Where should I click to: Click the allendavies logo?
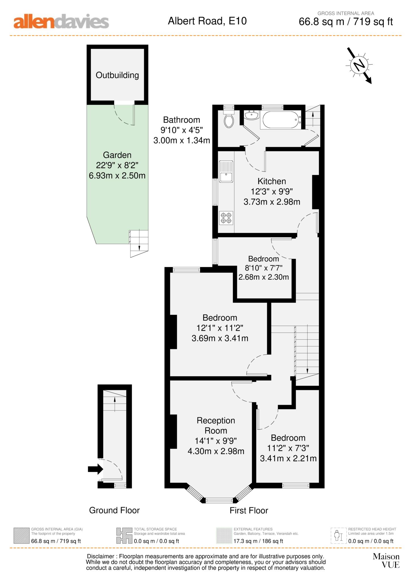61,22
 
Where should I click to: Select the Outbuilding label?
117,75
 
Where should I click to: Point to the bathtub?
281,120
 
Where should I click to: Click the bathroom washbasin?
251,115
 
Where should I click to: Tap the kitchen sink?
226,172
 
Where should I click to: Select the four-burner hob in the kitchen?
226,218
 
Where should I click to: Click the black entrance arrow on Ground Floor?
95,469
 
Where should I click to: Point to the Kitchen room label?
272,181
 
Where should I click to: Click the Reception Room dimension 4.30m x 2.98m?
216,451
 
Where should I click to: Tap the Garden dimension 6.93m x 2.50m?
117,175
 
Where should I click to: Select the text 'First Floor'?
249,511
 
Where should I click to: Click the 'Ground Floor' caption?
114,510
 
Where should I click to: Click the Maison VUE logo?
386,561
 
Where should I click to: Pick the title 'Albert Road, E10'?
207,21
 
